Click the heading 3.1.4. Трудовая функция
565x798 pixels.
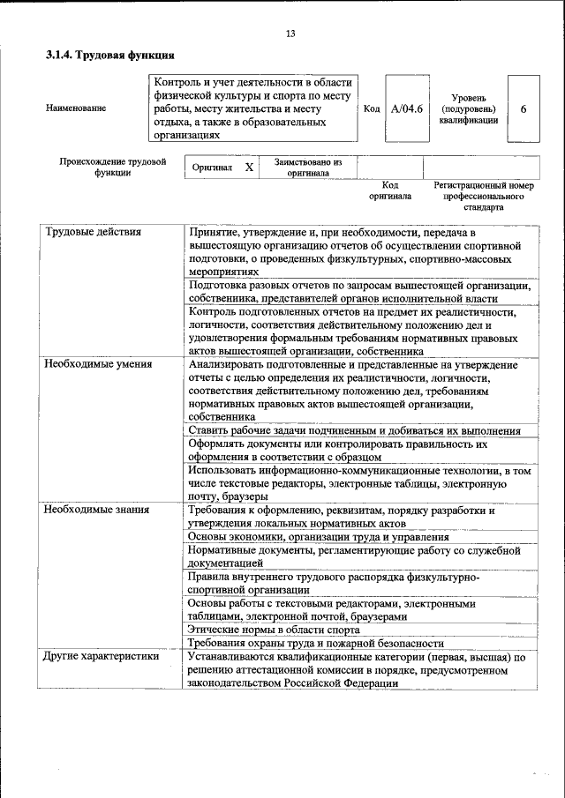pos(103,55)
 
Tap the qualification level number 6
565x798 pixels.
pos(524,109)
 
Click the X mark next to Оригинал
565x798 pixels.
pos(249,168)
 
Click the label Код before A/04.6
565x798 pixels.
pos(372,109)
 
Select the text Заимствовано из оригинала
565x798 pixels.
pos(307,168)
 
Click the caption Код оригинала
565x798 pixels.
pos(390,191)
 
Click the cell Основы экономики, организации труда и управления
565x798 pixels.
pos(319,537)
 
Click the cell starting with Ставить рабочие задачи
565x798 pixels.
pos(354,430)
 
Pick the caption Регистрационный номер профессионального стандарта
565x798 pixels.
pos(483,198)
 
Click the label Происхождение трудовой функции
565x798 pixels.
pos(113,168)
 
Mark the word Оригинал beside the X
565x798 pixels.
pos(212,168)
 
